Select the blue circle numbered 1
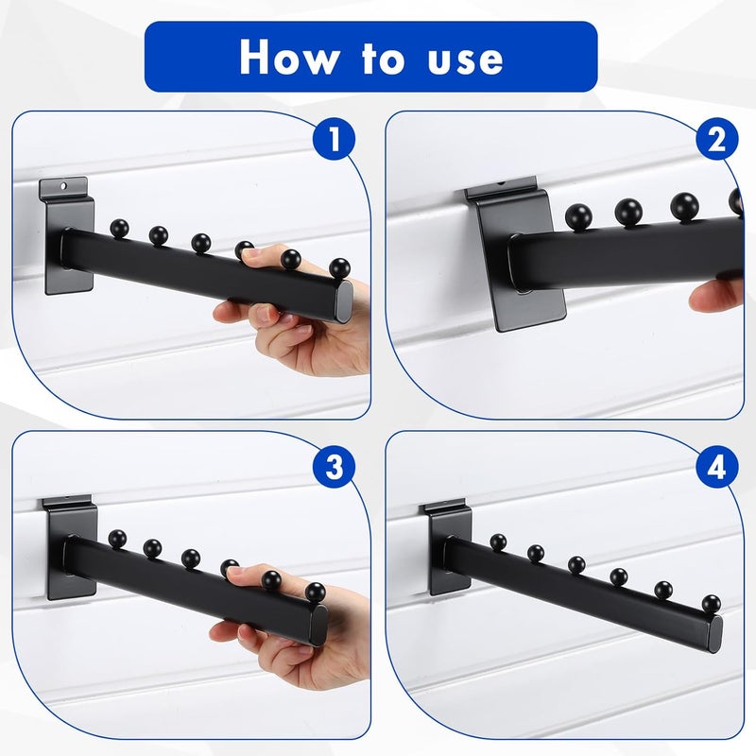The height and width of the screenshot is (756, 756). [x=332, y=141]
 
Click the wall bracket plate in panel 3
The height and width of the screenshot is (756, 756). [x=68, y=548]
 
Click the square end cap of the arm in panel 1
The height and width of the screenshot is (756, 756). [x=341, y=300]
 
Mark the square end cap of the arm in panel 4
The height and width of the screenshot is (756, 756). [x=713, y=628]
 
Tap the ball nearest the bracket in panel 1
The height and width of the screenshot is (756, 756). [x=119, y=228]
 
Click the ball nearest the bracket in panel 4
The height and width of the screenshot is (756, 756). [x=498, y=542]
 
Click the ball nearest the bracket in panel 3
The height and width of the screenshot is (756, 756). [x=117, y=539]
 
